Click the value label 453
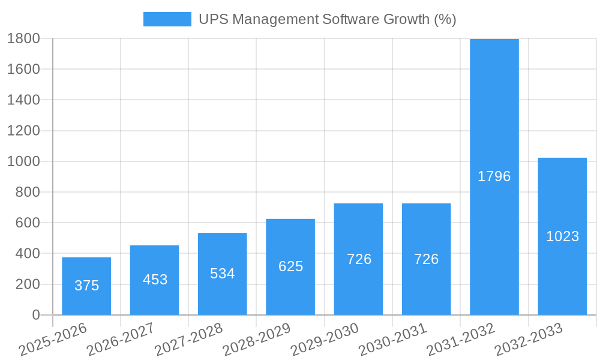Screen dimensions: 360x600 tap(155, 280)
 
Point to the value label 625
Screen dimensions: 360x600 tap(291, 266)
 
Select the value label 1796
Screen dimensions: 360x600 tap(494, 176)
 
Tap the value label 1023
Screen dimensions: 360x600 tap(562, 236)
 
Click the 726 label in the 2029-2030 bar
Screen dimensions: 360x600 tap(359, 259)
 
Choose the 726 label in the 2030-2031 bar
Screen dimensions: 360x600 tap(427, 259)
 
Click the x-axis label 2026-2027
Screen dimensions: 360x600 tap(120, 340)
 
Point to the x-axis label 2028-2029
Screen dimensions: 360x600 tap(256, 340)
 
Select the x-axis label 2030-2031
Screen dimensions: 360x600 tap(392, 340)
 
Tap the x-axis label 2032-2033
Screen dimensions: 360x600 tap(529, 340)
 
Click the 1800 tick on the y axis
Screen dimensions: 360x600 tap(23, 38)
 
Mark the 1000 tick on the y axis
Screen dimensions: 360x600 tap(23, 161)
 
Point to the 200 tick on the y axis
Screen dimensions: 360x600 tap(27, 284)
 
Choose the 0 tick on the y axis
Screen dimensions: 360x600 tap(35, 315)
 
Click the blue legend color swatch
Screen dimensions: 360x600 tap(167, 19)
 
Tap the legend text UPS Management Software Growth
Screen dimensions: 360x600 tap(327, 19)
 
